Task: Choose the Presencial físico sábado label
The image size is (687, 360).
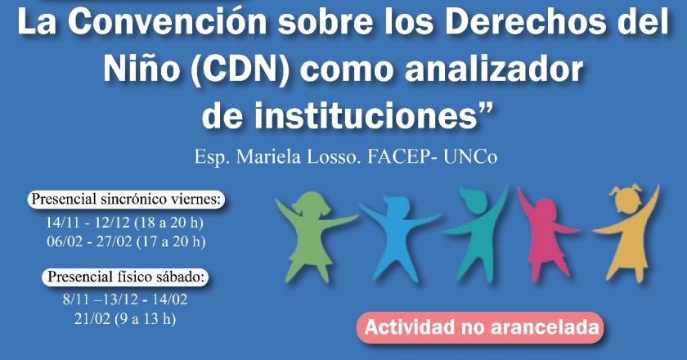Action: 127,277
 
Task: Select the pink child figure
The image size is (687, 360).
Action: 543,233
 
